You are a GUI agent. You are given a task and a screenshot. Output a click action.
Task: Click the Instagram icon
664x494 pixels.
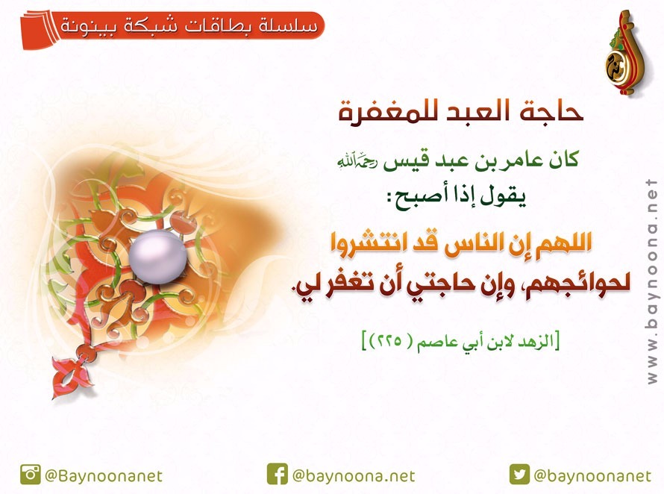[31, 475]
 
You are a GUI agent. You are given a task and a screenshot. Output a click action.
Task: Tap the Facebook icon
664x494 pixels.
[278, 474]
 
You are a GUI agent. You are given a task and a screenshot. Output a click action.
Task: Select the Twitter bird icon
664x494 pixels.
[519, 474]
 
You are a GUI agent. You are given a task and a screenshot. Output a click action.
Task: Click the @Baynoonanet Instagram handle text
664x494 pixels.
[104, 476]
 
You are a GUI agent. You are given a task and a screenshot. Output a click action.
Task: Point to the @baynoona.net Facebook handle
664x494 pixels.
[354, 476]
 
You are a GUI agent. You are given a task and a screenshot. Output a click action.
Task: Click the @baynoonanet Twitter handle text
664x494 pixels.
[592, 476]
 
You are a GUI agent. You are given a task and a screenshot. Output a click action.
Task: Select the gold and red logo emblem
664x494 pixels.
[624, 53]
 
